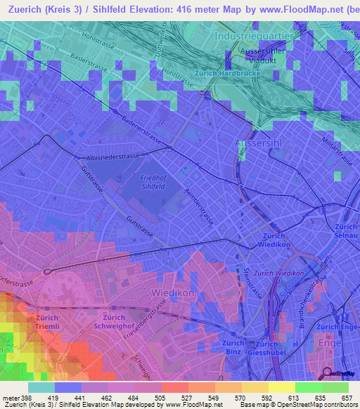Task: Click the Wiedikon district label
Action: coord(170,290)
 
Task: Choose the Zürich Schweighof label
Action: coord(113,323)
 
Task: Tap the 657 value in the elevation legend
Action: coord(346,398)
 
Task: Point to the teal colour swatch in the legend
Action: coord(41,387)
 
